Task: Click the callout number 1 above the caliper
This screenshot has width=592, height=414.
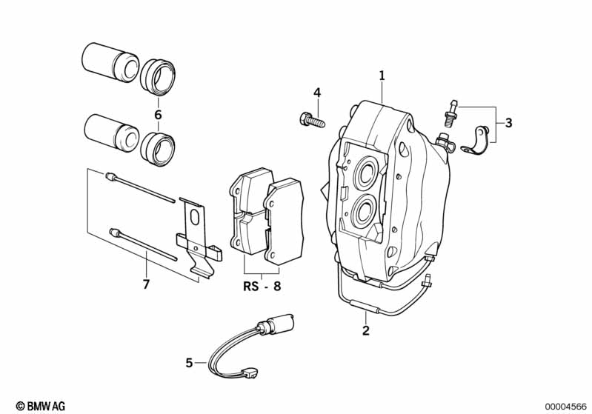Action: (x=382, y=75)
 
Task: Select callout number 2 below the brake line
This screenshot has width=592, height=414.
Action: (x=365, y=331)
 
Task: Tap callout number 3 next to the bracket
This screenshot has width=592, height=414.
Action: (x=508, y=123)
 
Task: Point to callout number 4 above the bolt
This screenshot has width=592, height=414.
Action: (x=316, y=93)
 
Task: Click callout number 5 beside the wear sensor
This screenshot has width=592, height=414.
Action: (x=190, y=363)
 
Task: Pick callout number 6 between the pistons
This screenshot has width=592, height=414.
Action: (x=157, y=115)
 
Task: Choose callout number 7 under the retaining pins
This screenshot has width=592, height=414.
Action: (x=146, y=284)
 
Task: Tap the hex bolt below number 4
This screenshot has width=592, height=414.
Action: (x=312, y=118)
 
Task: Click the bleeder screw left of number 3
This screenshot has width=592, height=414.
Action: (x=449, y=113)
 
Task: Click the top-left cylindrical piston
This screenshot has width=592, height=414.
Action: (x=109, y=63)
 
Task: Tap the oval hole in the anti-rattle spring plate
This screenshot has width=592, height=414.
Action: (x=196, y=218)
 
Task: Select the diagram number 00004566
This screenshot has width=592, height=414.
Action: (x=565, y=406)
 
